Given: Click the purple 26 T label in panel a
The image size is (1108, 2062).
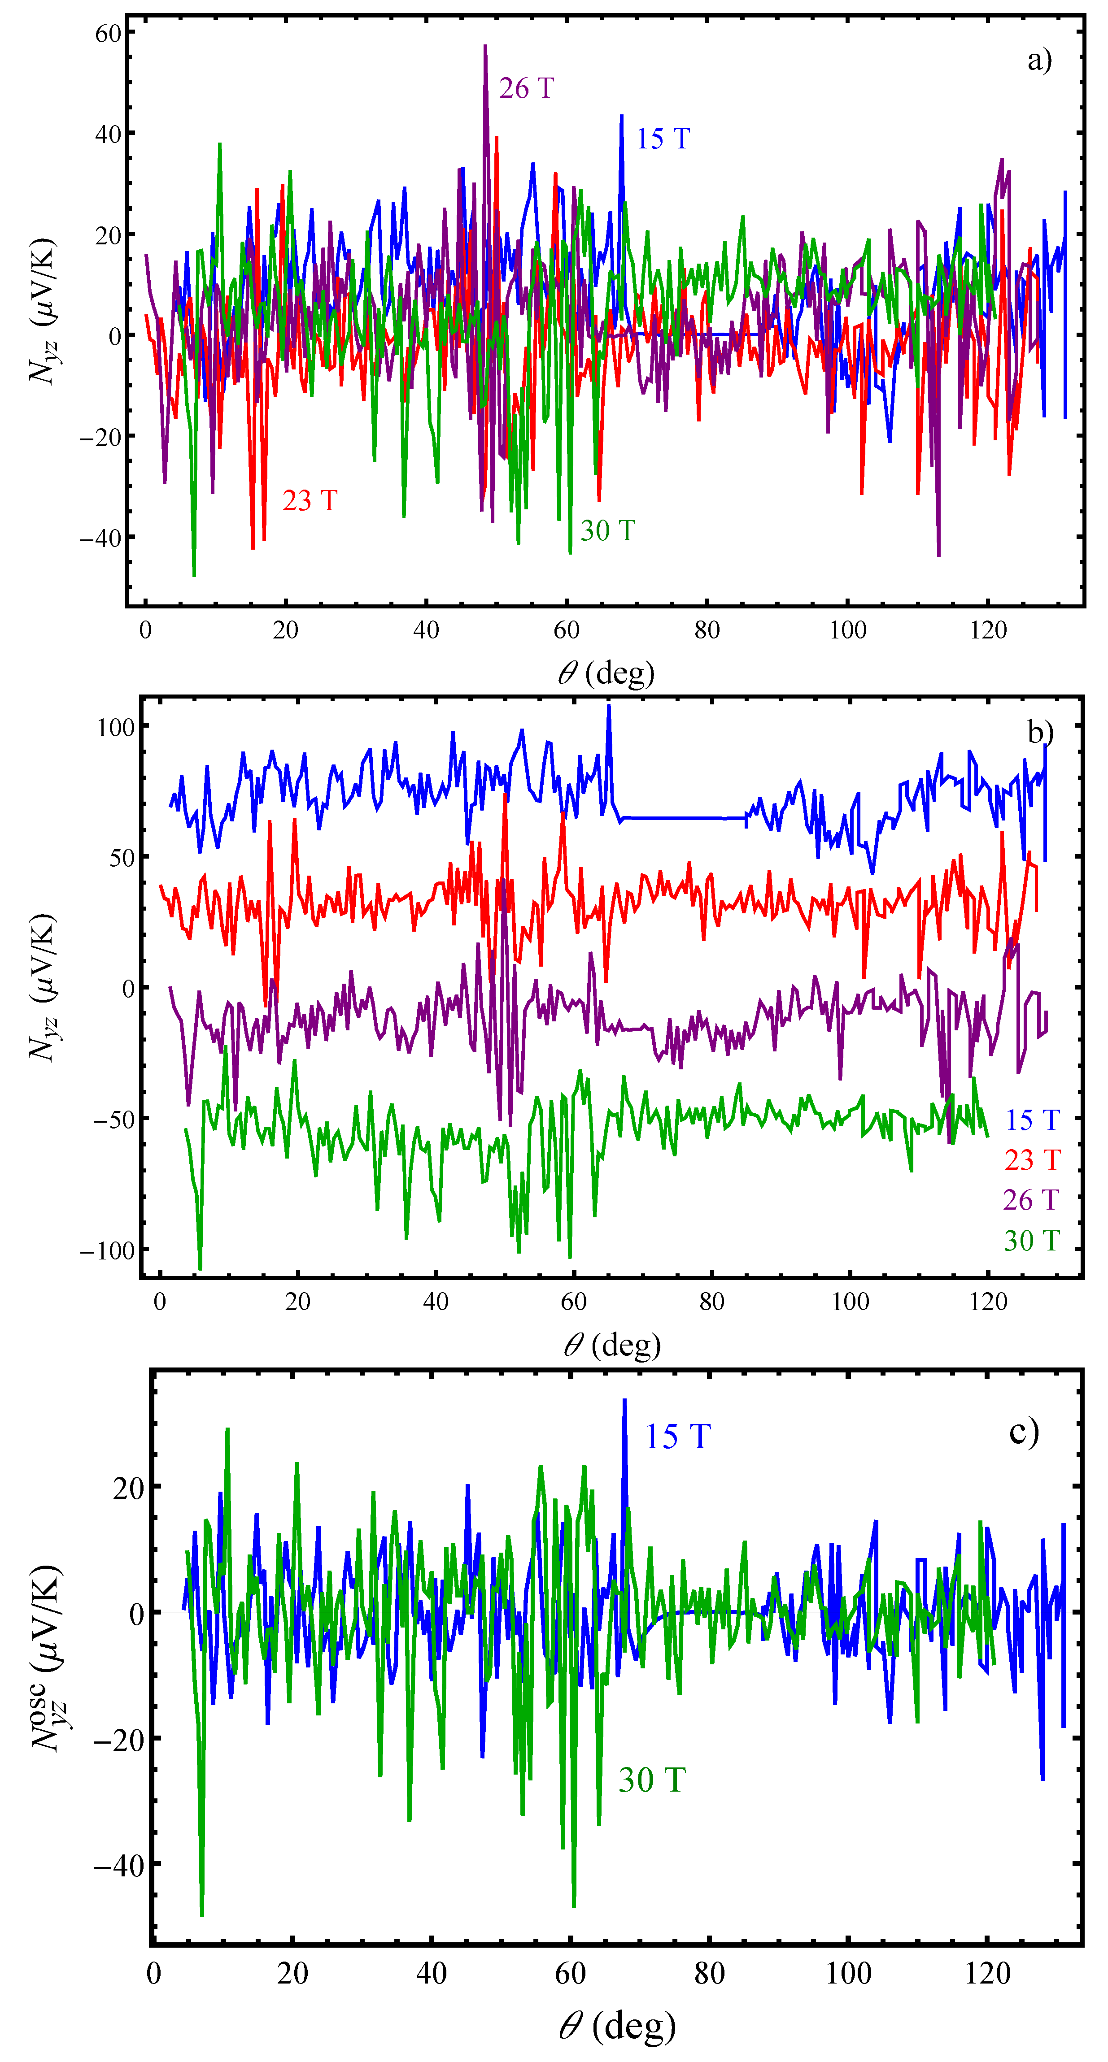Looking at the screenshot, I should coord(526,88).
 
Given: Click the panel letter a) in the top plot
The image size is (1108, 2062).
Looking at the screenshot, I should coord(1039,60).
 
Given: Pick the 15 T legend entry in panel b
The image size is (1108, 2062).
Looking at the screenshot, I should coord(1032,1120).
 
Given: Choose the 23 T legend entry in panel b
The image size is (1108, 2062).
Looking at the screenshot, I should coord(1032,1160).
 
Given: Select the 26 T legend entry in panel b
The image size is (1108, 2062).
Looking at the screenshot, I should coord(1031,1200).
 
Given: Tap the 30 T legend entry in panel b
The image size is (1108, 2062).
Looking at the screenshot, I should coord(1032,1241).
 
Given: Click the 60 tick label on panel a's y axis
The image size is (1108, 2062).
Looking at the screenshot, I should coord(108,34).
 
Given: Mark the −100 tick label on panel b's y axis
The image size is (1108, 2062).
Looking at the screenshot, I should coord(107,1250).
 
